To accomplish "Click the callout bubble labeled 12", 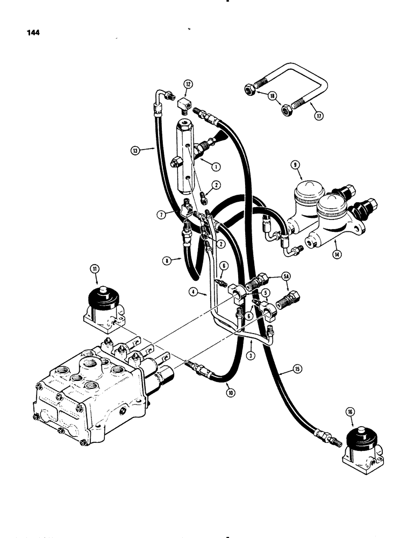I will (x=188, y=84).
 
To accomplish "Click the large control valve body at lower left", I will (x=91, y=393).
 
